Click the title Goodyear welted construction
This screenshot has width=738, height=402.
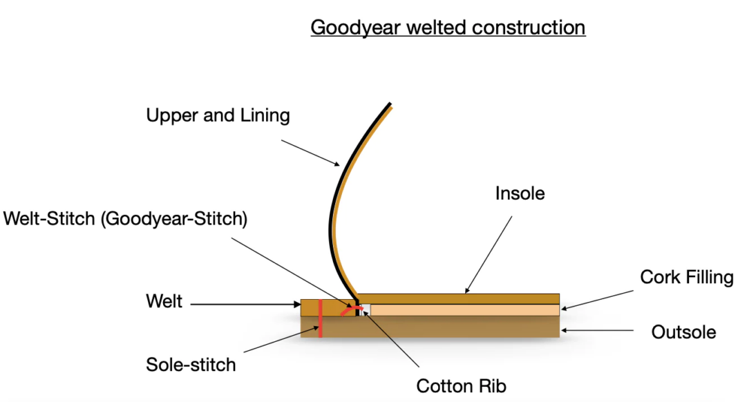448,28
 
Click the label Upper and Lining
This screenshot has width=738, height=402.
218,115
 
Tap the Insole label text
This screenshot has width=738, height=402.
520,193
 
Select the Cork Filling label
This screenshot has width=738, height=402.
686,278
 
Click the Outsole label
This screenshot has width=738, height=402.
683,332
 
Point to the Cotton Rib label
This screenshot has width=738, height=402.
466,385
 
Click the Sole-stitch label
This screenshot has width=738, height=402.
191,364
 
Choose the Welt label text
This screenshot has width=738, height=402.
164,301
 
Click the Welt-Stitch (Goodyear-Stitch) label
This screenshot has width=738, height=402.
125,220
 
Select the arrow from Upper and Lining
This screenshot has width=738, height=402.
310,152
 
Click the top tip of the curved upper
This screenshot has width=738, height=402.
388,106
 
